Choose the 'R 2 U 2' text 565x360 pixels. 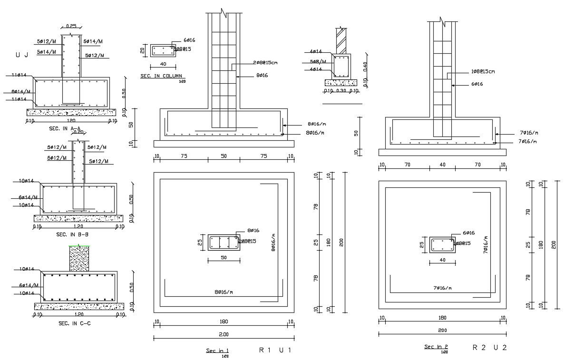pyautogui.click(x=489, y=348)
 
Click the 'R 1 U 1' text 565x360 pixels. pyautogui.click(x=274, y=350)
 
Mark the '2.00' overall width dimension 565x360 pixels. pyautogui.click(x=224, y=334)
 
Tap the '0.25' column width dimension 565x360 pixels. pyautogui.click(x=71, y=26)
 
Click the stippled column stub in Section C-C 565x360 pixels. pyautogui.click(x=79, y=259)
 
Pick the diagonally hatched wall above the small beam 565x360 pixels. pyautogui.click(x=341, y=41)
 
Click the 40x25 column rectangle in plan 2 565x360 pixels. pyautogui.click(x=443, y=245)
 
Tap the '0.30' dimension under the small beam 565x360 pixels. pyautogui.click(x=341, y=91)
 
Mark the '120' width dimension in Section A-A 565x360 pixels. pyautogui.click(x=71, y=121)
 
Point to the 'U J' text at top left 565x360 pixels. pyautogui.click(x=22, y=55)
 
